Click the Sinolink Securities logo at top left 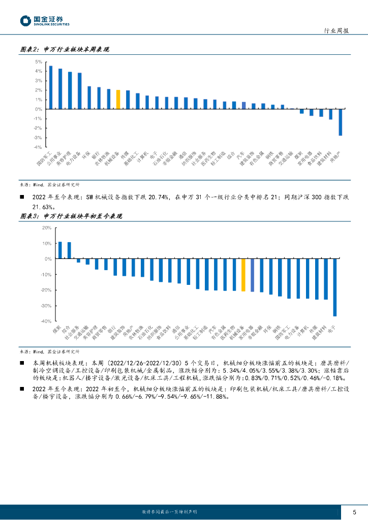click(45, 21)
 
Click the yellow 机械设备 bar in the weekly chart click(118, 100)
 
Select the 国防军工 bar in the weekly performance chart click(50, 87)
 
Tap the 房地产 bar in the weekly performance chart click(340, 122)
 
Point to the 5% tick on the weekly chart click(39, 62)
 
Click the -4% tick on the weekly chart click(38, 147)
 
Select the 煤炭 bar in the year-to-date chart click(60, 250)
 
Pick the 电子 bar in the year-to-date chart click(335, 287)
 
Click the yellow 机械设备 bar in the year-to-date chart click(243, 275)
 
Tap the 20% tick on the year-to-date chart click(46, 228)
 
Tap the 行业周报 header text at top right click(336, 31)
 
